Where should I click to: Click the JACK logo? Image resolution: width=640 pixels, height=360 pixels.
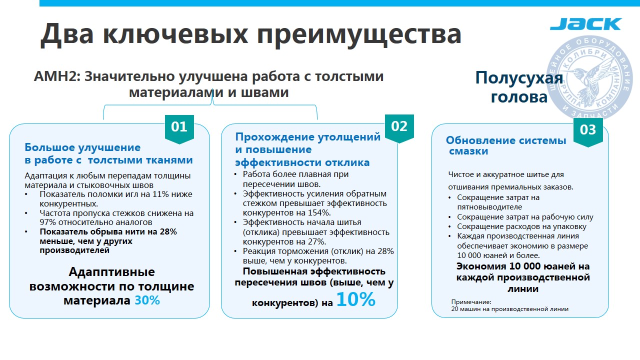pos(585,23)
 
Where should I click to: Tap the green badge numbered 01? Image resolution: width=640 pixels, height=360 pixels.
pos(179,129)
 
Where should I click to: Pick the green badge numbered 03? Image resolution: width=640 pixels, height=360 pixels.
pos(588,132)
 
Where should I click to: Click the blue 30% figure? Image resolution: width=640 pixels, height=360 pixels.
pos(147,300)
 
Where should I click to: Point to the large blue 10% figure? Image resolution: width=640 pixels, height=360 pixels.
pos(356,299)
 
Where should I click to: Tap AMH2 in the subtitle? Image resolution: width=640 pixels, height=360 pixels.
pos(57,76)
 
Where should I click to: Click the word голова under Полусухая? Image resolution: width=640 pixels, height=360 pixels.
pos(519,97)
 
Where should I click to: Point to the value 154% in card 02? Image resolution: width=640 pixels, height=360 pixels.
pos(319,213)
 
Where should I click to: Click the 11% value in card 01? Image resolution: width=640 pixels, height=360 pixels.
pos(161,194)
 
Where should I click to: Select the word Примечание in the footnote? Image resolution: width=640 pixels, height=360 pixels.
pos(471,302)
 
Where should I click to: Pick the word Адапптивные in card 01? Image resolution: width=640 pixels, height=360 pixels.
pos(111,271)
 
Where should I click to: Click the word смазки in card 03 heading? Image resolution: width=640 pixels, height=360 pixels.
pos(468,151)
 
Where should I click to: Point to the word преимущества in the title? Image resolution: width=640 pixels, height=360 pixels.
pos(359,34)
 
